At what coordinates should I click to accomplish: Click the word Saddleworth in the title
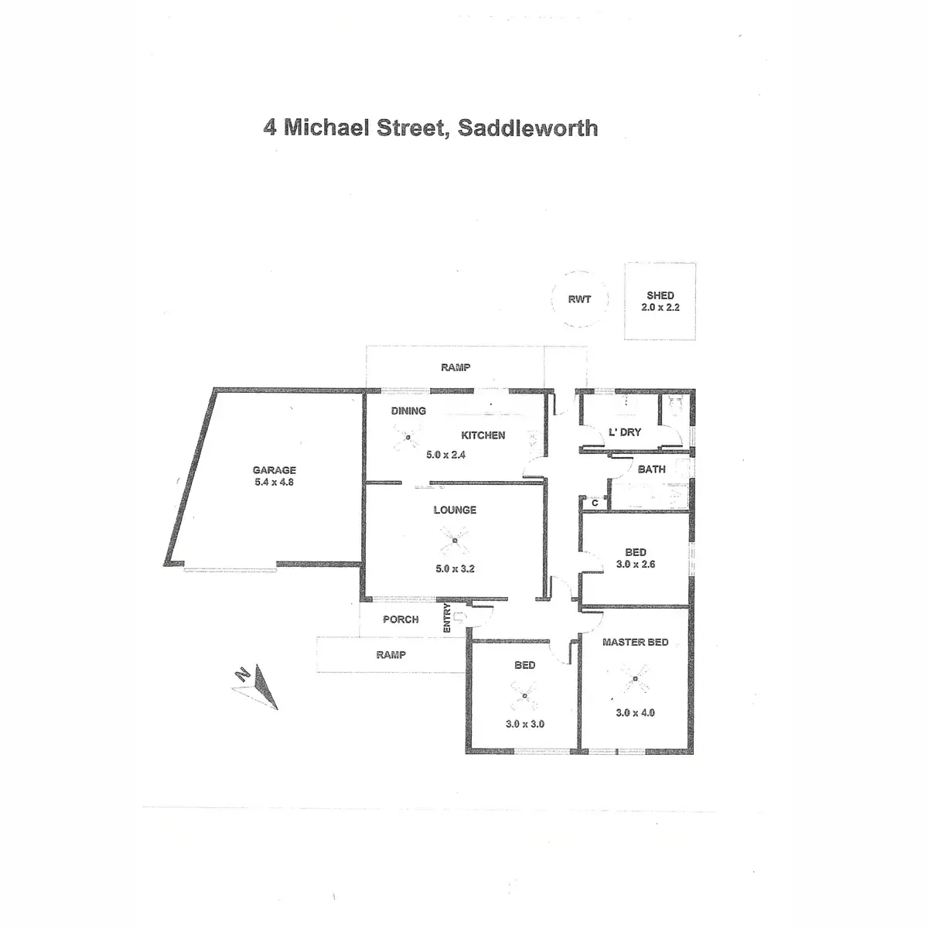tap(527, 128)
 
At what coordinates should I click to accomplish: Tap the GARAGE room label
tap(275, 470)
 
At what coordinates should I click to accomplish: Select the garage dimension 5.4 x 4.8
tap(275, 482)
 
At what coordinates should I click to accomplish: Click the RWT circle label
tap(579, 299)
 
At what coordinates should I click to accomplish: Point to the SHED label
tap(660, 295)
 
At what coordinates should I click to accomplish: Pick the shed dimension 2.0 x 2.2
tap(660, 307)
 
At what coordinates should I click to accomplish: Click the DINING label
tap(408, 411)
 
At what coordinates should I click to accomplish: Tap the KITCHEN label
tap(483, 435)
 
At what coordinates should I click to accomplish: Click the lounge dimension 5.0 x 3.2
tap(455, 568)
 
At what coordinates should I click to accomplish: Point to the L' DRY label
tap(625, 432)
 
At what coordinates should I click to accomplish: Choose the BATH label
tap(651, 469)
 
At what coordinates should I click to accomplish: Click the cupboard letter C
tap(595, 503)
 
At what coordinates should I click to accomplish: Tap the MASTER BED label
tap(636, 642)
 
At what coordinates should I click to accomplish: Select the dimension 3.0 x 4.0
tap(636, 712)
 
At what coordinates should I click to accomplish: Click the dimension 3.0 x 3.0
tap(526, 725)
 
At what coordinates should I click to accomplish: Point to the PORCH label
tap(401, 619)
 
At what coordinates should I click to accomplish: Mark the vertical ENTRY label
tap(447, 619)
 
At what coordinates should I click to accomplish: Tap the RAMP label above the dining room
tap(455, 367)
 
